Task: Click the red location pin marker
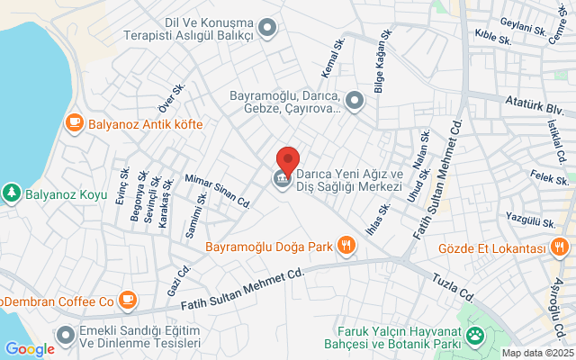[x=287, y=160]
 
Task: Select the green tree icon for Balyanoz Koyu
[x=11, y=192]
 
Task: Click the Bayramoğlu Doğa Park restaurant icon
[x=345, y=245]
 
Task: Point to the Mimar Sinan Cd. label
[x=217, y=191]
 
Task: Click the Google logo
[x=30, y=348]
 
